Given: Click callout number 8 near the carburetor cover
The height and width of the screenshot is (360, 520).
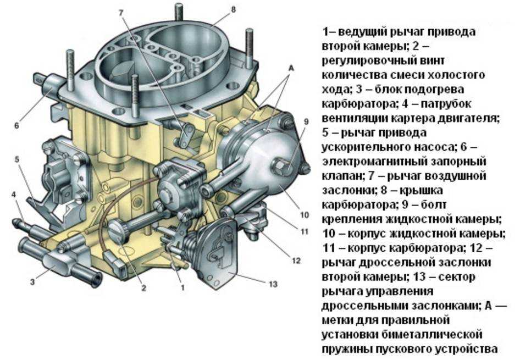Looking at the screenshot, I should [218, 10].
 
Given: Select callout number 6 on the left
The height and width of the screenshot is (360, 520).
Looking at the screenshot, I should [16, 125].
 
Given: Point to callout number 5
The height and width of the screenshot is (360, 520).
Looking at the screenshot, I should [16, 160].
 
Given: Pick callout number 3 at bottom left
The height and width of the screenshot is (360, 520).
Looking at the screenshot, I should [32, 282].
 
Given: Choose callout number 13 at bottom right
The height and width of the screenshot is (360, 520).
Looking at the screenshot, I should [273, 284].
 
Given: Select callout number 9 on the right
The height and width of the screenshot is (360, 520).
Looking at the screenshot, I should [306, 121].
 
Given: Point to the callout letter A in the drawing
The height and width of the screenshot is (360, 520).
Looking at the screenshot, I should [291, 67].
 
